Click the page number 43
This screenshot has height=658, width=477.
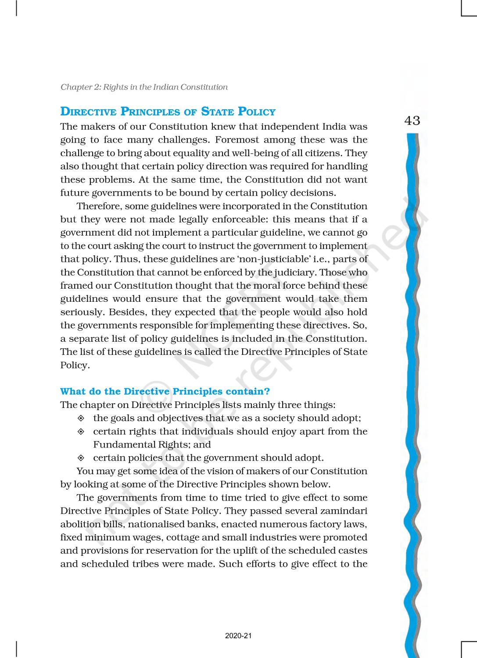click(412, 121)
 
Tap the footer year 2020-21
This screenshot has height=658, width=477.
click(238, 636)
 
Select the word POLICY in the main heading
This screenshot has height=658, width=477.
click(257, 112)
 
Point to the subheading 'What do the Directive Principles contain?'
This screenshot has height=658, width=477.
click(165, 391)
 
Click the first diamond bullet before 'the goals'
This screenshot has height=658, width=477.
click(81, 418)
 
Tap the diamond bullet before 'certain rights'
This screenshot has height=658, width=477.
click(81, 432)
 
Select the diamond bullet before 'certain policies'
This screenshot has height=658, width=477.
click(81, 458)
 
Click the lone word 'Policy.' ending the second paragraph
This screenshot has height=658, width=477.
click(75, 365)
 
